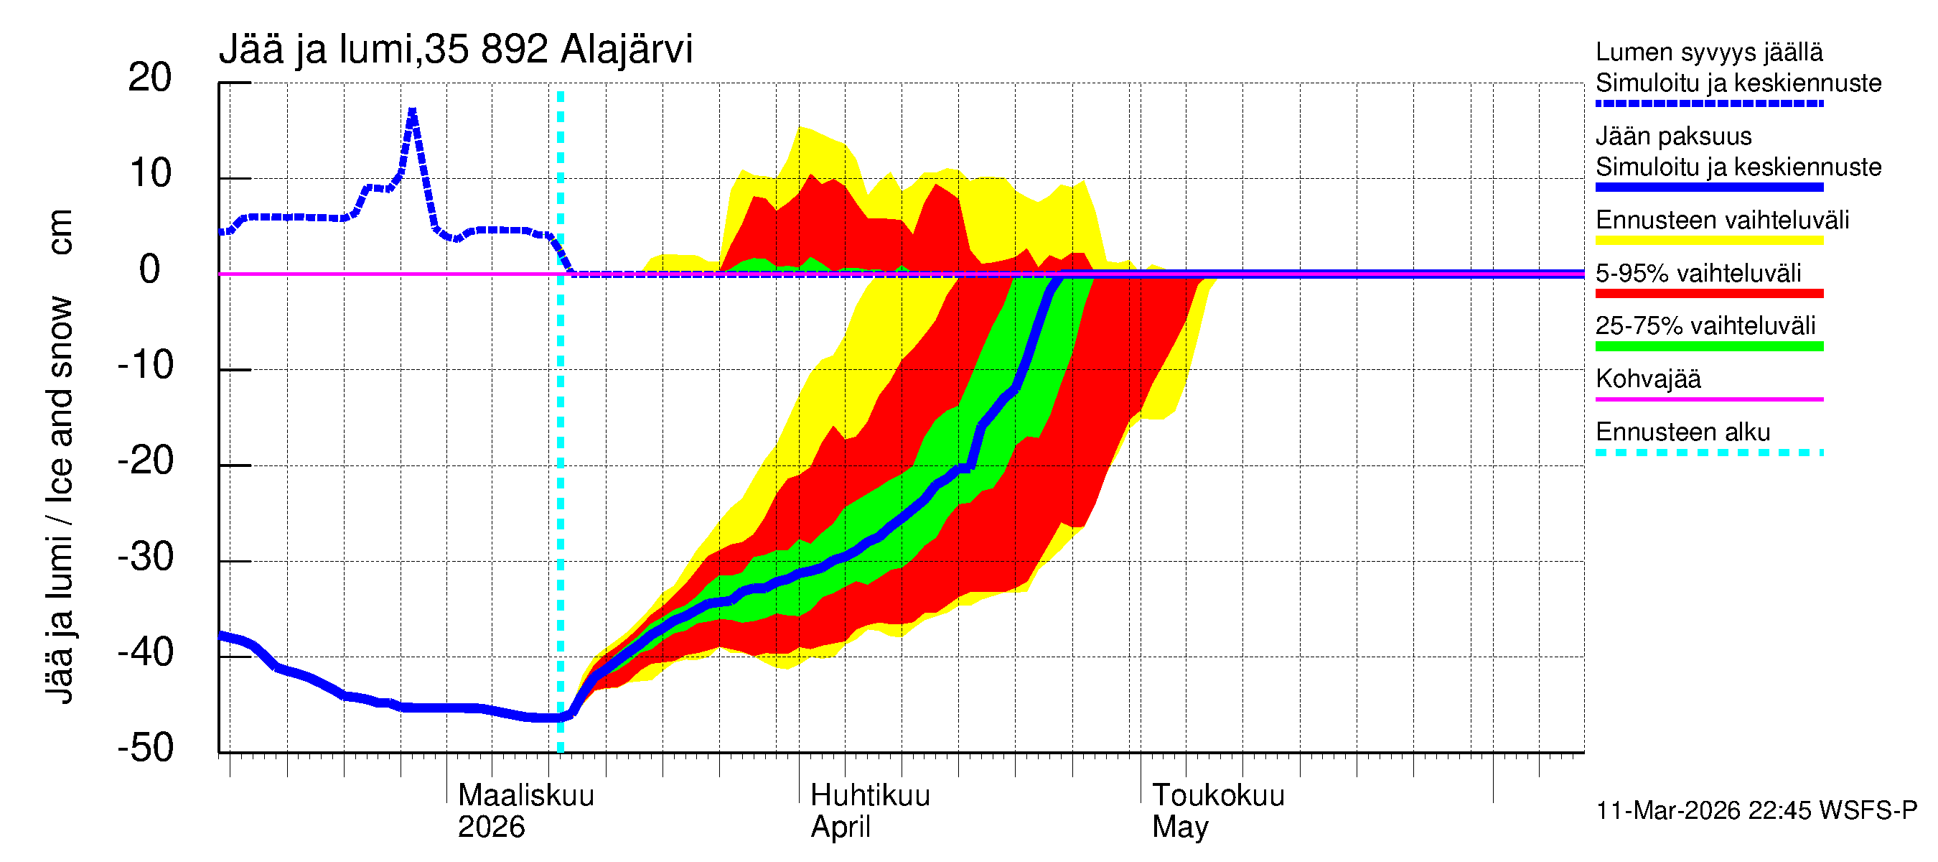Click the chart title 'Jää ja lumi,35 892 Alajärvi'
[x=455, y=50]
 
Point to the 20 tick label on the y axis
[x=150, y=78]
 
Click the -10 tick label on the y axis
[x=146, y=365]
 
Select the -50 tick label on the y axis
[x=146, y=748]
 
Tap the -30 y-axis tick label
[x=146, y=557]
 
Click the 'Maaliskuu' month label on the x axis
[x=526, y=795]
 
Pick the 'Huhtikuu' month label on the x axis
[x=870, y=795]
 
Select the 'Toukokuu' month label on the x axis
[x=1218, y=795]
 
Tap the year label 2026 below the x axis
[x=491, y=828]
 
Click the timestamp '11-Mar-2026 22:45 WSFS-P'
[x=1756, y=811]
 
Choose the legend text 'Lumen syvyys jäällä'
[x=1709, y=52]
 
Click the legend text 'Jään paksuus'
[x=1674, y=136]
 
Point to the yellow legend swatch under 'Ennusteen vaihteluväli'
[x=1709, y=241]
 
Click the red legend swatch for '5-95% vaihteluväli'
[x=1709, y=294]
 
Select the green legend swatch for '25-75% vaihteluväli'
[x=1709, y=346]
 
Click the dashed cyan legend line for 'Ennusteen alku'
[x=1709, y=453]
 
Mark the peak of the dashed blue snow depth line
[x=412, y=111]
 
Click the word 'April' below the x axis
[x=841, y=828]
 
